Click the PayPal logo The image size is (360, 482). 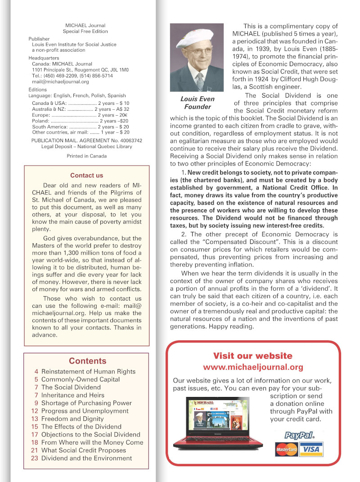click(x=299, y=435)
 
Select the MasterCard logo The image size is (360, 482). click(x=287, y=449)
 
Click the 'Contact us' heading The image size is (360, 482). click(x=86, y=176)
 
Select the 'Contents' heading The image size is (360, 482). click(x=87, y=361)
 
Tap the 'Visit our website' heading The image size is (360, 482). click(x=252, y=356)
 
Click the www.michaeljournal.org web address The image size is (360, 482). click(x=253, y=367)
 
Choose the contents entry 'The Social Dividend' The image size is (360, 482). click(x=71, y=387)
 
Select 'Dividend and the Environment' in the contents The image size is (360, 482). click(x=86, y=458)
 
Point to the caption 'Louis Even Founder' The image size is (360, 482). click(x=197, y=103)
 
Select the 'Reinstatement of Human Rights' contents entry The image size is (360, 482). click(x=88, y=371)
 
